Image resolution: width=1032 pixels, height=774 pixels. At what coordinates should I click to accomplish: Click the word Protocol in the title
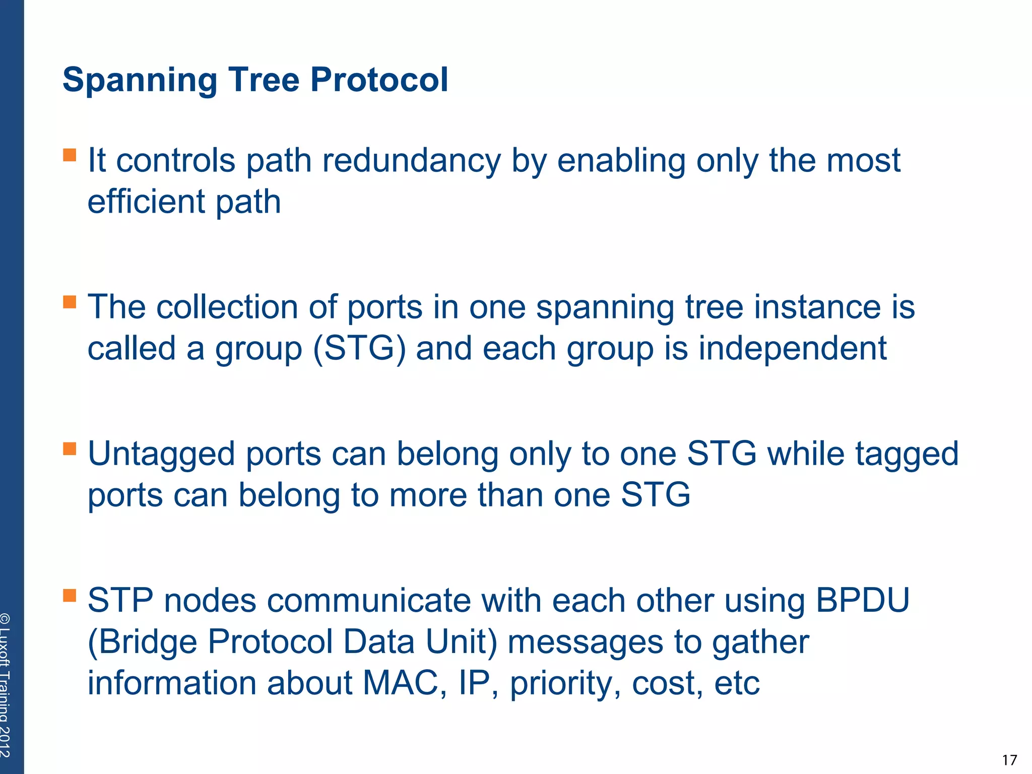pyautogui.click(x=379, y=81)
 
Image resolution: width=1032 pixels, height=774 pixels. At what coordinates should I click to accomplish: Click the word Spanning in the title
pyautogui.click(x=140, y=81)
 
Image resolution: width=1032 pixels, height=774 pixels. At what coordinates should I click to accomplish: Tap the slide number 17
pyautogui.click(x=1009, y=760)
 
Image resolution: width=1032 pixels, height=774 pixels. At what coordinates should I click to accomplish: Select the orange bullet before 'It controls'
pyautogui.click(x=70, y=155)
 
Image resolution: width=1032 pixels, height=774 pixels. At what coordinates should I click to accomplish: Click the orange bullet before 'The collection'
pyautogui.click(x=70, y=302)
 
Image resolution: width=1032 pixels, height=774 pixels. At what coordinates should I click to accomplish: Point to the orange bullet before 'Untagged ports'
pyautogui.click(x=70, y=448)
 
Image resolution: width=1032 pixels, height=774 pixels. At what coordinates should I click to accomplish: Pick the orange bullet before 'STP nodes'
pyautogui.click(x=70, y=596)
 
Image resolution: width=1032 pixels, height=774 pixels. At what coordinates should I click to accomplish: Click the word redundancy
pyautogui.click(x=412, y=161)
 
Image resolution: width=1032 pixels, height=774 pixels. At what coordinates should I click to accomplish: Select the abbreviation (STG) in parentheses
pyautogui.click(x=359, y=349)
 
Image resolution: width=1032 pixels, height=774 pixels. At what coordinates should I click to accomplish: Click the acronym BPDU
pyautogui.click(x=862, y=601)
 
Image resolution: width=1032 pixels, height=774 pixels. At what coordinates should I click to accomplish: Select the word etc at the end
pyautogui.click(x=736, y=684)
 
